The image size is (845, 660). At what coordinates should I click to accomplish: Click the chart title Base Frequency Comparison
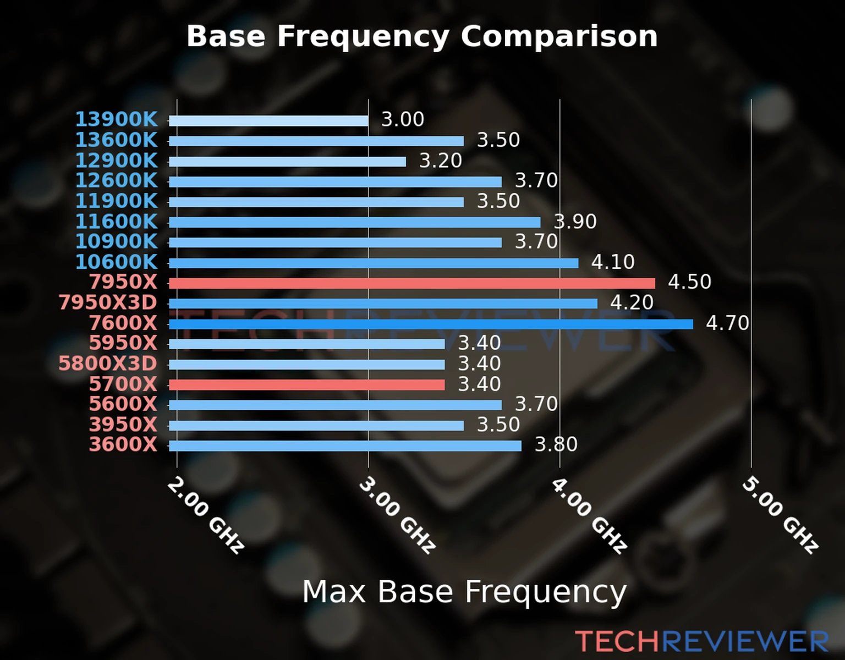point(422,36)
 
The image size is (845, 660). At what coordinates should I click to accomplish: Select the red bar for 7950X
point(411,283)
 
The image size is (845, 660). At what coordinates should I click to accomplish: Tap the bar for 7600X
point(430,324)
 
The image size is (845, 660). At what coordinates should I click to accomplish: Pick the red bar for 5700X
point(306,384)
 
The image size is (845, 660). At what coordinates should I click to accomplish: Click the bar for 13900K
point(268,121)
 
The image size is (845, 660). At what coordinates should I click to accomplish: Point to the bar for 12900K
point(287,162)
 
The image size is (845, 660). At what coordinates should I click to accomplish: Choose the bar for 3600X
point(345,446)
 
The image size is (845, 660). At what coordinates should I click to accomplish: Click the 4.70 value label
point(727,323)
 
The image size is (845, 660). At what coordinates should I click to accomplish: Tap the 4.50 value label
point(689,282)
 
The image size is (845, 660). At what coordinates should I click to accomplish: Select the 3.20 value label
point(441,161)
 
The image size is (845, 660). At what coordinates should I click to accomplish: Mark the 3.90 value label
point(575,222)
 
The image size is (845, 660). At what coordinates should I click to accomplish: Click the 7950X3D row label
point(108,302)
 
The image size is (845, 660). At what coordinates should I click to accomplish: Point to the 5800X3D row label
point(108,364)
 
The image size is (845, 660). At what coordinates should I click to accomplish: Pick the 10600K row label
point(116,262)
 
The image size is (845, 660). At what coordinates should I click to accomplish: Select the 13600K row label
point(116,140)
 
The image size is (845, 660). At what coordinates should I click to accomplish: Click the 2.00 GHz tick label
point(205,515)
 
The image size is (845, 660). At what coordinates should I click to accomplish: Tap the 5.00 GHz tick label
point(780,515)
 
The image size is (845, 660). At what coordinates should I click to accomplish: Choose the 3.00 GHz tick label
point(397,515)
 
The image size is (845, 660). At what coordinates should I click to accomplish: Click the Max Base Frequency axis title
point(464,592)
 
